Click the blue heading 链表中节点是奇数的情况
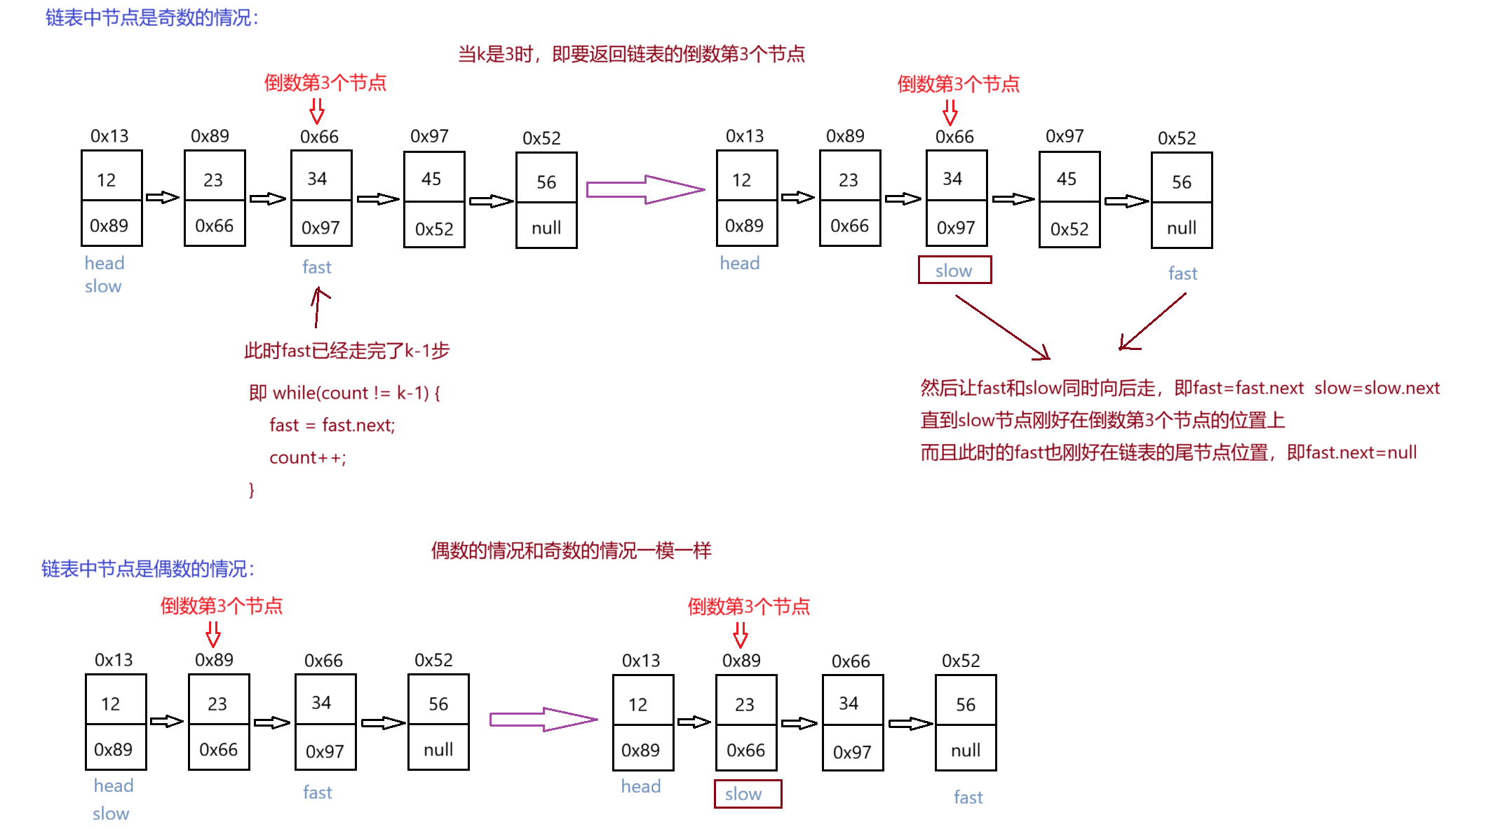click(151, 18)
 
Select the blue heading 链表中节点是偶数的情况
click(147, 569)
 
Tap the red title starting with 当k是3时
click(631, 54)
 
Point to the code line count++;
click(307, 458)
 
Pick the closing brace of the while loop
click(252, 490)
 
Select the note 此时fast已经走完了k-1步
click(347, 351)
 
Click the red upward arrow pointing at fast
click(318, 307)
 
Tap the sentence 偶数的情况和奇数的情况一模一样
click(571, 551)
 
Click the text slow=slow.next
click(1377, 388)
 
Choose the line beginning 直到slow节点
click(1102, 420)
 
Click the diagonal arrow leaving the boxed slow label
click(1003, 328)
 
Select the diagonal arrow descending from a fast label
click(1153, 321)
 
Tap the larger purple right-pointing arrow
click(645, 189)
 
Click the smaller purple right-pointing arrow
click(543, 720)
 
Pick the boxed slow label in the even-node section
click(748, 794)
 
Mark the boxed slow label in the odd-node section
click(954, 270)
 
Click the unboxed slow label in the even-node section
click(111, 814)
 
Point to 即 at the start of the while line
click(257, 393)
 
